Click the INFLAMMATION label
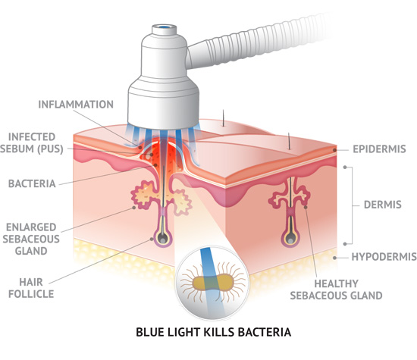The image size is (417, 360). [76, 105]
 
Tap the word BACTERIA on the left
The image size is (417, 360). [32, 183]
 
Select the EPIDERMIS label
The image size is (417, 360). [379, 149]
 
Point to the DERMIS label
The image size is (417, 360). [382, 205]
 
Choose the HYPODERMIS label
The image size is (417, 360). [384, 257]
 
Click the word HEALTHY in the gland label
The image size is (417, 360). [336, 283]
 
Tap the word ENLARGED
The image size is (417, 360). [31, 227]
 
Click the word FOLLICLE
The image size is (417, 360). [31, 294]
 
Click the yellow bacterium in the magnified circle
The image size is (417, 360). [213, 283]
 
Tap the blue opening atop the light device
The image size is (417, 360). [165, 27]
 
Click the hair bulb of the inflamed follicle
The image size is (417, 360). [162, 238]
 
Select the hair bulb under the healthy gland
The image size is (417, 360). [290, 239]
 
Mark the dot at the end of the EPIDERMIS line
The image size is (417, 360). [334, 150]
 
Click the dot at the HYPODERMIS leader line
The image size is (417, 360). [334, 258]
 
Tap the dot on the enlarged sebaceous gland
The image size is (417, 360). [133, 208]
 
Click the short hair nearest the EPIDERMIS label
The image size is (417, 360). [289, 141]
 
